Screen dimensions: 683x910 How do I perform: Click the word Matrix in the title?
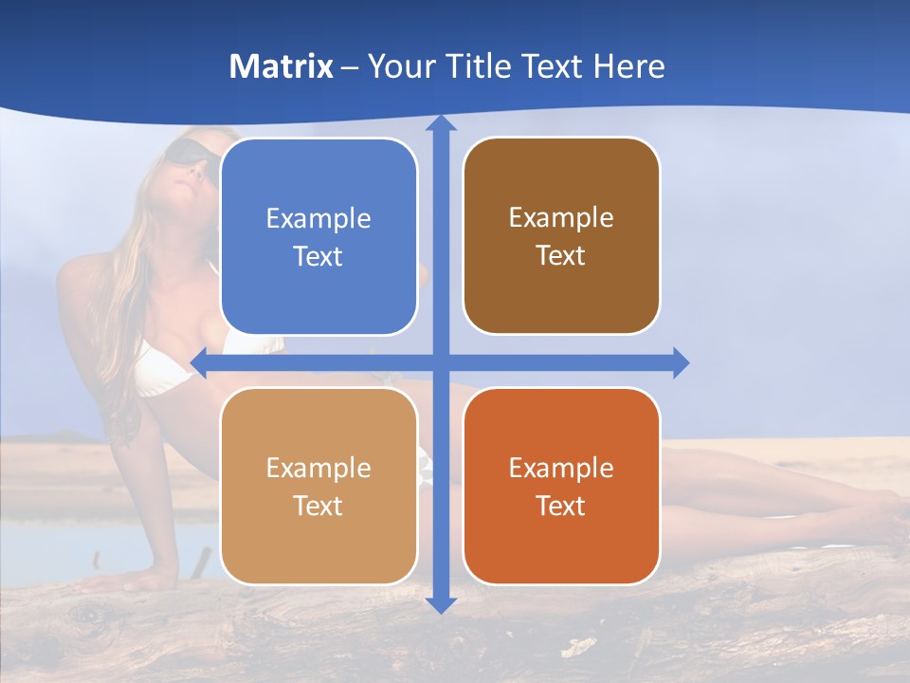[x=281, y=66]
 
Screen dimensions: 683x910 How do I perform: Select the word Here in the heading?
[x=629, y=66]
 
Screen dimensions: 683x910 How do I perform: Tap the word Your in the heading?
[x=399, y=66]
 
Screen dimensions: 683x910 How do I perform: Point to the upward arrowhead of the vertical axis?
[x=440, y=124]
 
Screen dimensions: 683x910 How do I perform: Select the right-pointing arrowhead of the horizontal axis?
[x=680, y=362]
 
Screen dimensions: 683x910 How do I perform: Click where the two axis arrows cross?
[x=440, y=362]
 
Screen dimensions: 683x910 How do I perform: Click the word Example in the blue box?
[x=318, y=219]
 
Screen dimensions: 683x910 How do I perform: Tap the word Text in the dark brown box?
[x=561, y=256]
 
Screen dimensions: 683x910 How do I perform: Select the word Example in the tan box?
[x=318, y=469]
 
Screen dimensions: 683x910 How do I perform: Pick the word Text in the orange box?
[x=561, y=506]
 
